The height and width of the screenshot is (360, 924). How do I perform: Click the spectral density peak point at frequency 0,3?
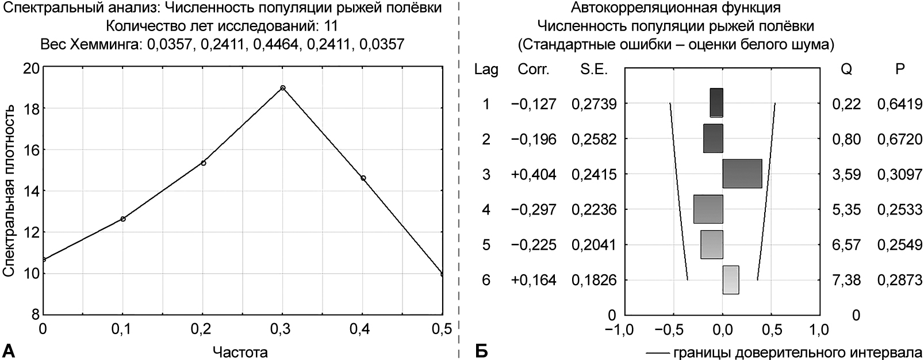click(x=283, y=88)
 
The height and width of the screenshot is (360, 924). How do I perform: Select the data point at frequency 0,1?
click(x=123, y=219)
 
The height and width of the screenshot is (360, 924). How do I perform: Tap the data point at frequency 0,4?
click(x=363, y=178)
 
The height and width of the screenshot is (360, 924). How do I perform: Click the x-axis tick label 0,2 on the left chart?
click(x=203, y=329)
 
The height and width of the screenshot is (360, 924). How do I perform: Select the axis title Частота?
click(x=240, y=351)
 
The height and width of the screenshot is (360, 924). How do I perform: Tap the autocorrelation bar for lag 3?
click(x=742, y=174)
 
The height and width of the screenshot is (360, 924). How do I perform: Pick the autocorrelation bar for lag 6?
click(x=731, y=280)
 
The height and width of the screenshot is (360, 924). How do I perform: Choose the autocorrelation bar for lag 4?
click(x=708, y=209)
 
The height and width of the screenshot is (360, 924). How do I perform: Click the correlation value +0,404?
click(x=533, y=174)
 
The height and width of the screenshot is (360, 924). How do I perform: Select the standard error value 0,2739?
click(x=594, y=104)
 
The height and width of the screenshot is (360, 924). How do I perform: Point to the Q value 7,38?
click(x=846, y=281)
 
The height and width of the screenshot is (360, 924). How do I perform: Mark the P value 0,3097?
click(x=899, y=174)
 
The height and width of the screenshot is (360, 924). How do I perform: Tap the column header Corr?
click(x=534, y=70)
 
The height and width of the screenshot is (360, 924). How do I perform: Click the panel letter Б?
click(x=481, y=350)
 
